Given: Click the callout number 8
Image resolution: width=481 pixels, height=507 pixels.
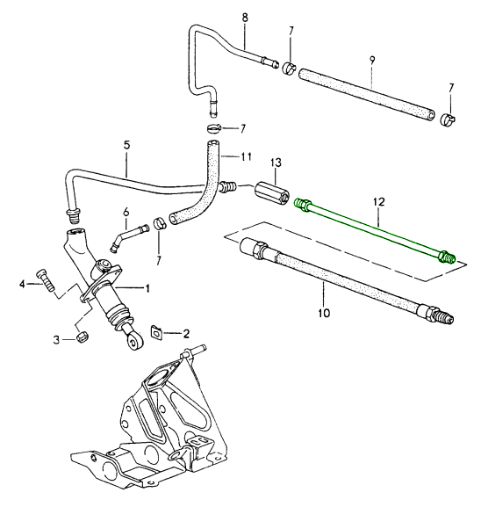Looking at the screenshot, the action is pyautogui.click(x=245, y=18).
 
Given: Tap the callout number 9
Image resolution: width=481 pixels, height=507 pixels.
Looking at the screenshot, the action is pyautogui.click(x=372, y=61).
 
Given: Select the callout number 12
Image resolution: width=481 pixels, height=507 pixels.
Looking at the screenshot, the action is pyautogui.click(x=379, y=202).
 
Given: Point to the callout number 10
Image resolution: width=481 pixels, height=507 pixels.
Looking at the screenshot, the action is pyautogui.click(x=324, y=313).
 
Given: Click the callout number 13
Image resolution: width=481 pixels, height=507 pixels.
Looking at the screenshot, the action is pyautogui.click(x=276, y=163).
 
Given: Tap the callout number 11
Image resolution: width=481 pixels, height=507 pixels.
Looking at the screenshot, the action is pyautogui.click(x=246, y=157).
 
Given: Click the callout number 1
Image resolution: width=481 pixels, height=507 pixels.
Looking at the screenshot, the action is pyautogui.click(x=147, y=288).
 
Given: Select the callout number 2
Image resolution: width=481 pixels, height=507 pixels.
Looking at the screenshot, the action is pyautogui.click(x=186, y=334).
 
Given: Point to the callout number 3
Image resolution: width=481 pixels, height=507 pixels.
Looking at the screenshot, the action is pyautogui.click(x=56, y=340).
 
